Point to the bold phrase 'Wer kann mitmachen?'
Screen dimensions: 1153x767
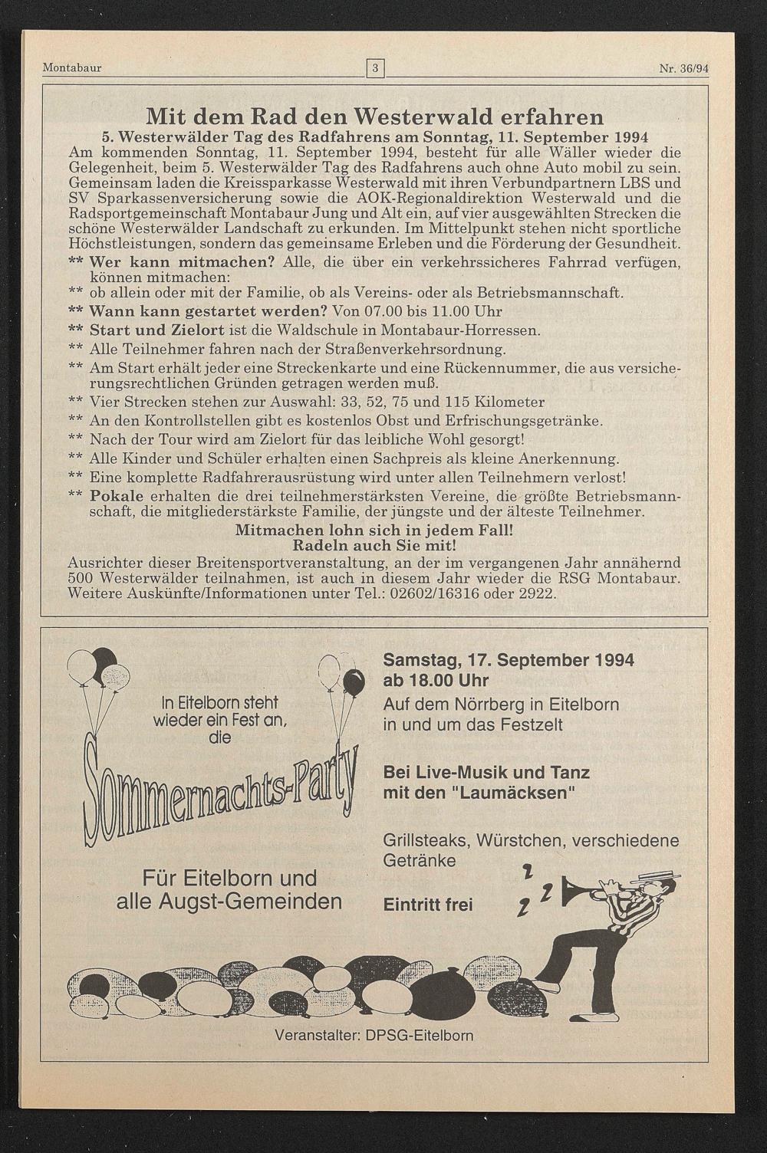(x=182, y=262)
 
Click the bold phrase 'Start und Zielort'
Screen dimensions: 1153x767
(x=157, y=330)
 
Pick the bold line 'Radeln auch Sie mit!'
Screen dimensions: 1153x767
(x=374, y=545)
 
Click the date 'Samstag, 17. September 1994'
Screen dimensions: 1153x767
(x=509, y=660)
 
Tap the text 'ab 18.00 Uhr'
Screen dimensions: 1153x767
(x=436, y=681)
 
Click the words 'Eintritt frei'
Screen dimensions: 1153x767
(x=428, y=905)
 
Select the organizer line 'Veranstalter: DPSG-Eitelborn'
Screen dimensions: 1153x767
(x=374, y=1036)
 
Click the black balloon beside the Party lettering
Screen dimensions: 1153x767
(x=354, y=681)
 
